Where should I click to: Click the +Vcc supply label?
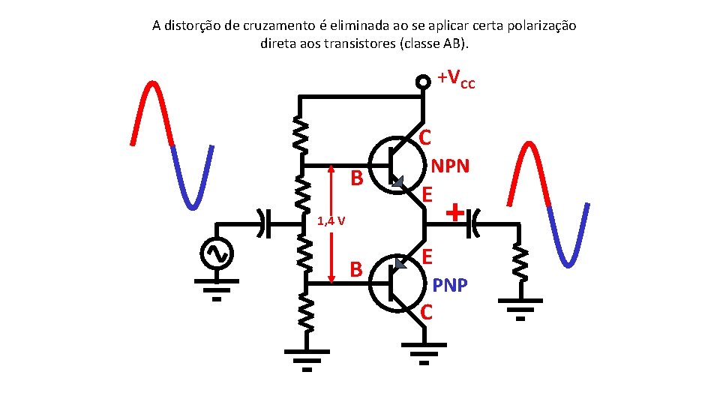(x=456, y=78)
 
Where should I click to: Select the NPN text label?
(x=449, y=166)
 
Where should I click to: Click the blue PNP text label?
(x=450, y=286)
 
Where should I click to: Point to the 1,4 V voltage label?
(x=331, y=221)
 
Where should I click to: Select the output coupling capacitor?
(x=472, y=223)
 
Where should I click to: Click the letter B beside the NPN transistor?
(x=358, y=178)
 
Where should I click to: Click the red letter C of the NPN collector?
(x=425, y=137)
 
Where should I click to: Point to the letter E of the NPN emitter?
(x=427, y=195)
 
